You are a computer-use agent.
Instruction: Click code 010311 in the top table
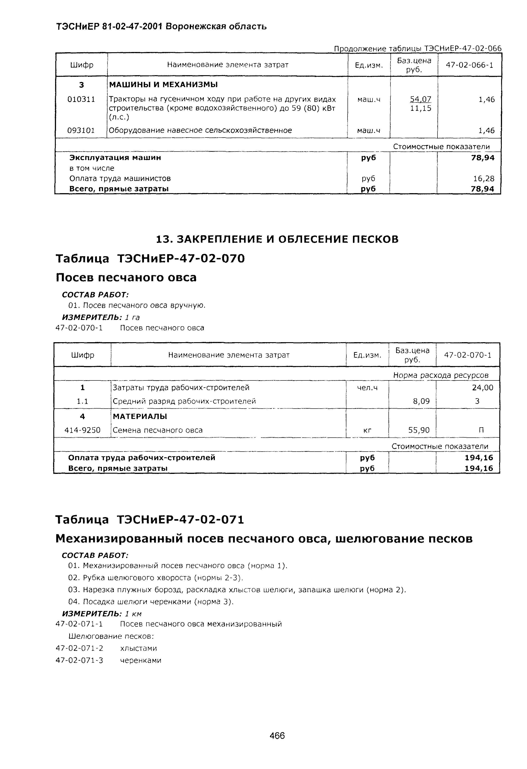(x=81, y=99)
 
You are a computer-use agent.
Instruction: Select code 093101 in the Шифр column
(x=81, y=130)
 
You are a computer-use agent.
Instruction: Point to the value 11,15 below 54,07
(x=421, y=108)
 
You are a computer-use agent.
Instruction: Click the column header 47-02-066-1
(x=469, y=65)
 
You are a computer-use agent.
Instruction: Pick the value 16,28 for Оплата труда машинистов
(x=483, y=179)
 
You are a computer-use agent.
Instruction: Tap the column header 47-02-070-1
(x=467, y=355)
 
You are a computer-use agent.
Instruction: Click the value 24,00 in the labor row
(x=482, y=387)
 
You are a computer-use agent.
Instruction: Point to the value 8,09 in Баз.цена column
(x=421, y=401)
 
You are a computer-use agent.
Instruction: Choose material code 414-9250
(x=82, y=430)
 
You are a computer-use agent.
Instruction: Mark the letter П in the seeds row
(x=481, y=430)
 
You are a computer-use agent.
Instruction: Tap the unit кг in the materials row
(x=367, y=430)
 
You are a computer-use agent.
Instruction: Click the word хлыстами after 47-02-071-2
(x=138, y=648)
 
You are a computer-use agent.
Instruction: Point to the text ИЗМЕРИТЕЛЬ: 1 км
(x=102, y=614)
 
